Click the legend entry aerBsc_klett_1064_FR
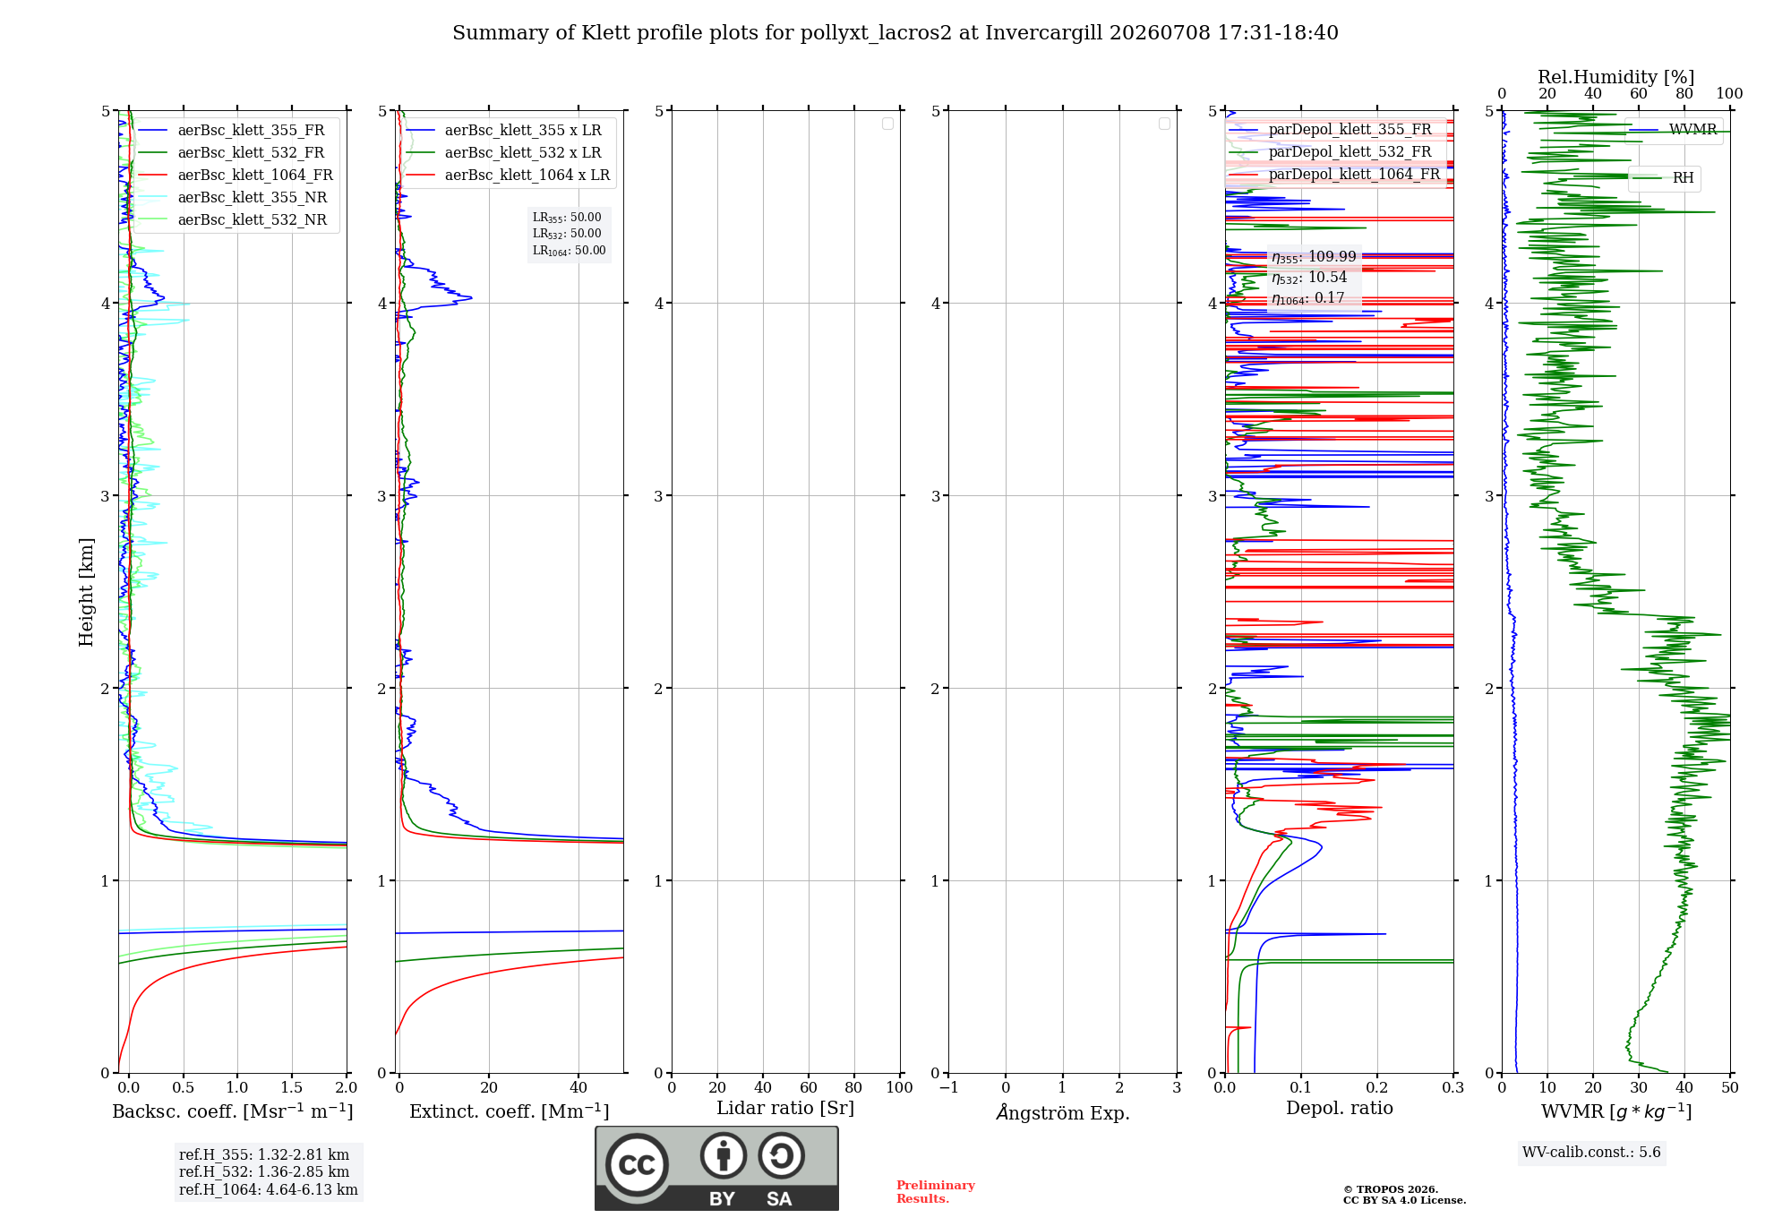[x=235, y=175]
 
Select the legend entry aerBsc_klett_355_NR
[x=232, y=197]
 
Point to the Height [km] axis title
[x=86, y=592]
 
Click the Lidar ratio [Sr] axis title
[x=785, y=1108]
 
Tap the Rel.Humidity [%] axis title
[x=1616, y=77]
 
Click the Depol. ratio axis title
[x=1340, y=1108]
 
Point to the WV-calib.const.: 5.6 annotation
[x=1591, y=1152]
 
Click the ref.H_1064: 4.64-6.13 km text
[x=269, y=1189]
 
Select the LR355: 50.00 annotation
[x=567, y=218]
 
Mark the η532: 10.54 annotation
[x=1309, y=278]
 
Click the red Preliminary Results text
[x=936, y=1192]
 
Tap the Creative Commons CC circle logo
[x=637, y=1165]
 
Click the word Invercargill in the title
[x=1043, y=33]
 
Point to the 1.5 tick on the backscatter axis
[x=292, y=1087]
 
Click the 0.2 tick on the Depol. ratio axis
[x=1377, y=1087]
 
